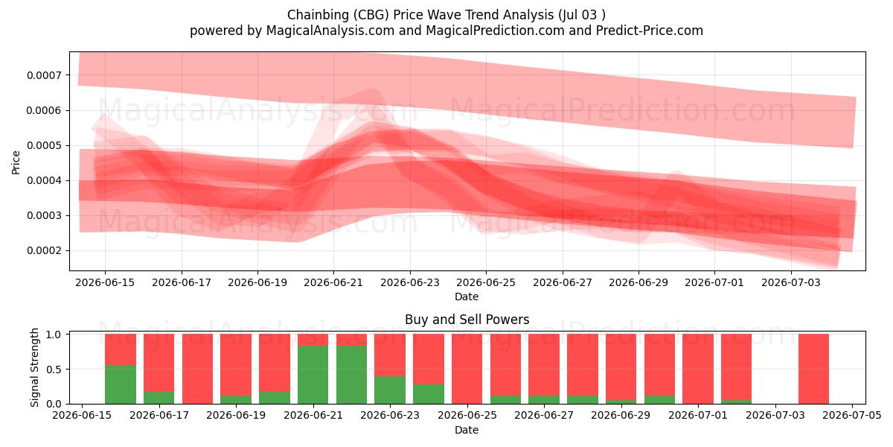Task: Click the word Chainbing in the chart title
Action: click(x=319, y=15)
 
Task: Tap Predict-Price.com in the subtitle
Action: click(x=650, y=31)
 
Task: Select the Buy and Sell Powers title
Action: click(x=467, y=320)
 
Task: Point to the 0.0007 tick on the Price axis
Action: click(x=44, y=75)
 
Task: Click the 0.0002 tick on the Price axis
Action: click(x=44, y=250)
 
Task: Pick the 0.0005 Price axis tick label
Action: click(x=44, y=146)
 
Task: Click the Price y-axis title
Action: click(x=16, y=162)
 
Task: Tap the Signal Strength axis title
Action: click(x=35, y=367)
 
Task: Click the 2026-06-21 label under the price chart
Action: click(x=333, y=282)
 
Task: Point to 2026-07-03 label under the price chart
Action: click(x=791, y=282)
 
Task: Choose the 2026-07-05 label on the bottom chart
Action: click(x=852, y=416)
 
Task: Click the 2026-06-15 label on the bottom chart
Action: click(x=82, y=416)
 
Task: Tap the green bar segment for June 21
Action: click(x=313, y=375)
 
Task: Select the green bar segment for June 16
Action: click(x=121, y=384)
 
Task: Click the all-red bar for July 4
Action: click(x=813, y=369)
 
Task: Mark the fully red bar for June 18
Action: click(x=197, y=369)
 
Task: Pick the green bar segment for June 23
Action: click(x=390, y=390)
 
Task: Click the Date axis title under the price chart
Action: click(x=467, y=297)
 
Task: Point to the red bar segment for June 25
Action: click(x=467, y=369)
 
